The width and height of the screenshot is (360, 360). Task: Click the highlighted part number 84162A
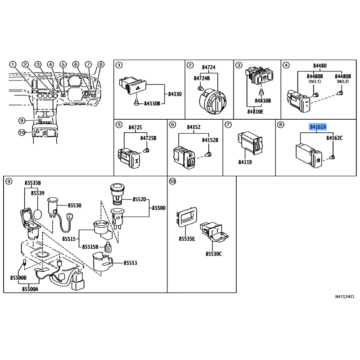click(318, 127)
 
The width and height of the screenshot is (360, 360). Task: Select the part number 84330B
click(152, 104)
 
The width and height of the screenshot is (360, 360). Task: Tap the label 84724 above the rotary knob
click(209, 67)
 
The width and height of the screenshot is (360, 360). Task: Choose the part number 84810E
click(255, 112)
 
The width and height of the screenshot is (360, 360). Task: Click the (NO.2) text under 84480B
click(342, 81)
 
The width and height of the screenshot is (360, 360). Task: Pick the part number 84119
click(245, 162)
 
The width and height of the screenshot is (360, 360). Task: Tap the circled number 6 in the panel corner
click(172, 125)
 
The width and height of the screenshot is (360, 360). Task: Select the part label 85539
click(38, 193)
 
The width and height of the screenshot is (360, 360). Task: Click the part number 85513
click(130, 263)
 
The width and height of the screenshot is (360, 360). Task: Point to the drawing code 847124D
click(344, 297)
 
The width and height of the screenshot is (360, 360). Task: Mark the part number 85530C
click(214, 254)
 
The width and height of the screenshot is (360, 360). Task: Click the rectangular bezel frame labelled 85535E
click(187, 217)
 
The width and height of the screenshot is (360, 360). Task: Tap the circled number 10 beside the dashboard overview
click(22, 132)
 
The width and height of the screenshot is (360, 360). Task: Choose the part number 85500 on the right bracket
click(159, 208)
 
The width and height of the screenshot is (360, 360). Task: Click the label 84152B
click(210, 140)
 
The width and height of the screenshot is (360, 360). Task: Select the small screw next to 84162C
click(332, 157)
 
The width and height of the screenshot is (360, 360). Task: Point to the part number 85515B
click(90, 247)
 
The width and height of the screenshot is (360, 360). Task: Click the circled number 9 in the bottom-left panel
click(9, 182)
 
